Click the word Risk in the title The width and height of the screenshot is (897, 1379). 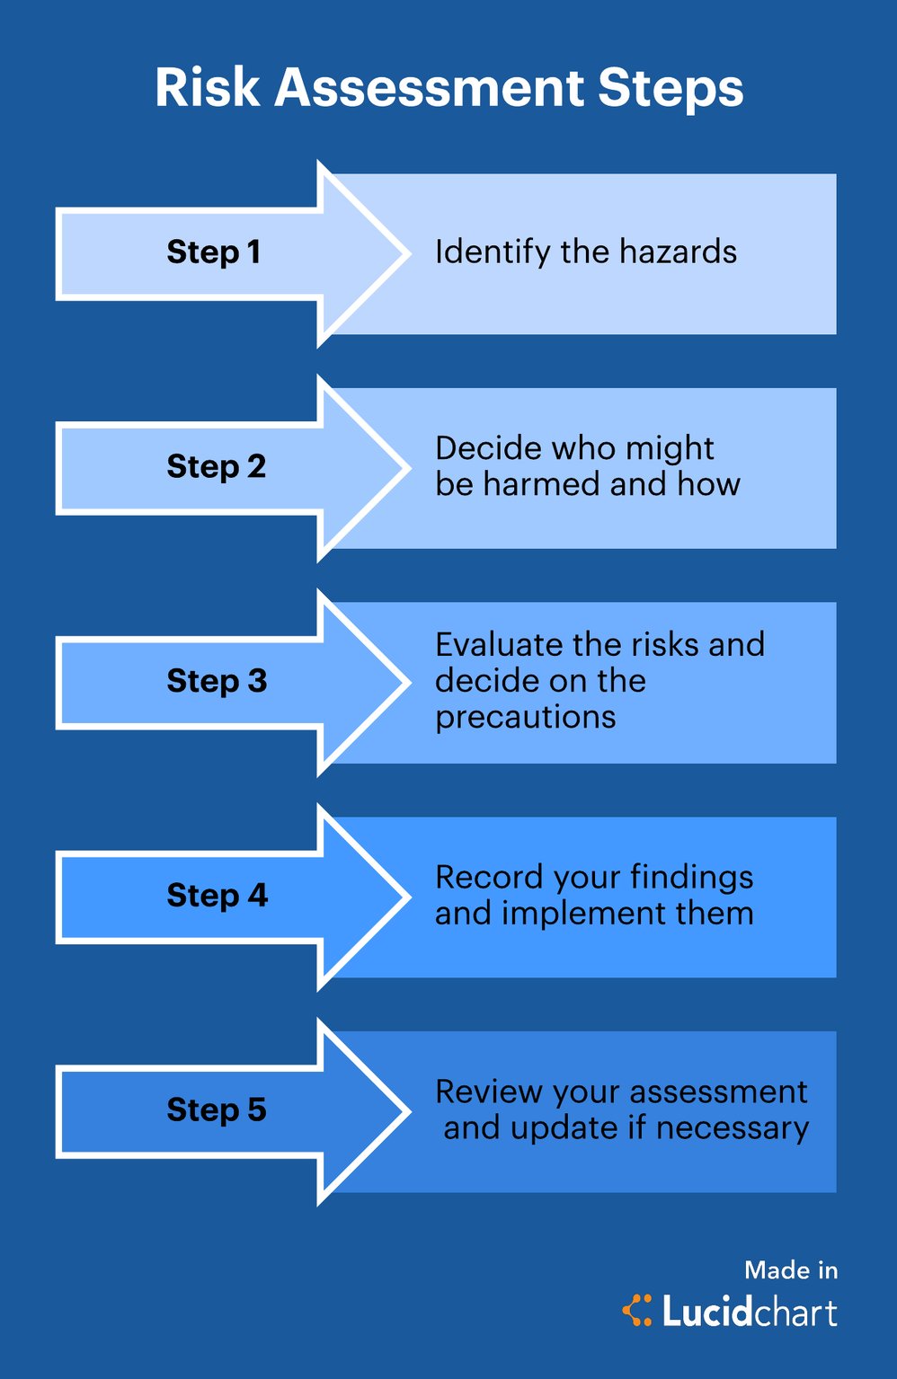point(207,88)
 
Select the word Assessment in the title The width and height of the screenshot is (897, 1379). point(429,88)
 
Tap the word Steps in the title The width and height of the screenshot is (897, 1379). point(671,88)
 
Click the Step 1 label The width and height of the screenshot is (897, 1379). point(214,252)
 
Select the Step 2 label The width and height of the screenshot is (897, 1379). point(217,466)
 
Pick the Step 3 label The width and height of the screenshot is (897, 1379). point(217,681)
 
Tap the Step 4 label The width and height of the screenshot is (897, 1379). point(217,895)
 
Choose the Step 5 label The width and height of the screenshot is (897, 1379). point(217,1109)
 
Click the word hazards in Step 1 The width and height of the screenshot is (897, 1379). point(678,252)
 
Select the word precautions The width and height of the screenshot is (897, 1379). point(525,718)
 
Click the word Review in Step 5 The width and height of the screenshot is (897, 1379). point(489,1092)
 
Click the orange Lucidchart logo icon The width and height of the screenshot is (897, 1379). point(637,1311)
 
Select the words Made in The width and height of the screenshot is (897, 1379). point(791,1270)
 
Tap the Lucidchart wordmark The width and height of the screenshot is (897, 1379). point(750,1312)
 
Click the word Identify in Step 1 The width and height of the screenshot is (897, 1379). point(492,252)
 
